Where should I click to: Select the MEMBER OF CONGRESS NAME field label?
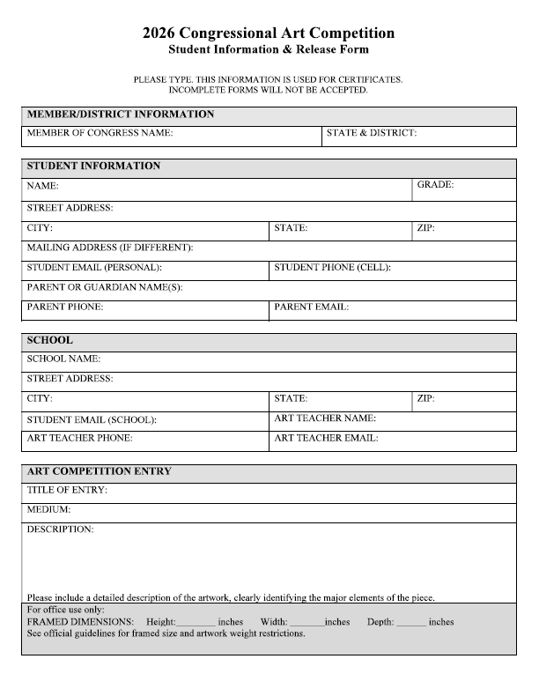pyautogui.click(x=100, y=134)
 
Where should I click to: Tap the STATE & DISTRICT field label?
pyautogui.click(x=371, y=134)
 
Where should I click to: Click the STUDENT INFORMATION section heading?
pyautogui.click(x=93, y=166)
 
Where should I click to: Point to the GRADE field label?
pyautogui.click(x=435, y=186)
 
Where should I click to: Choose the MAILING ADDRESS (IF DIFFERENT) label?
pyautogui.click(x=110, y=248)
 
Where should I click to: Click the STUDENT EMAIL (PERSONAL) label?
pyautogui.click(x=94, y=267)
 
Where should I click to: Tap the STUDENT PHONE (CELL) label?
pyautogui.click(x=332, y=267)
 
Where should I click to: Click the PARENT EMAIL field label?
pyautogui.click(x=312, y=307)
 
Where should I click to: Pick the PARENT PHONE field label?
pyautogui.click(x=65, y=307)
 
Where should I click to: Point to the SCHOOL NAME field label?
pyautogui.click(x=64, y=359)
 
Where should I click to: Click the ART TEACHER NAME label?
pyautogui.click(x=325, y=418)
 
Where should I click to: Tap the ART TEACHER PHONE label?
pyautogui.click(x=79, y=438)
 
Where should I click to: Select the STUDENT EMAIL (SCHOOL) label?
pyautogui.click(x=92, y=419)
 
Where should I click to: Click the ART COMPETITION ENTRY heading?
pyautogui.click(x=100, y=471)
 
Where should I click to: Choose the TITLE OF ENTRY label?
pyautogui.click(x=67, y=490)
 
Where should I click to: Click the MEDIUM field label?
pyautogui.click(x=48, y=509)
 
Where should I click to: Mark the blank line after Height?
pyautogui.click(x=196, y=624)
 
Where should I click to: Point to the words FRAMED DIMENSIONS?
pyautogui.click(x=80, y=622)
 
